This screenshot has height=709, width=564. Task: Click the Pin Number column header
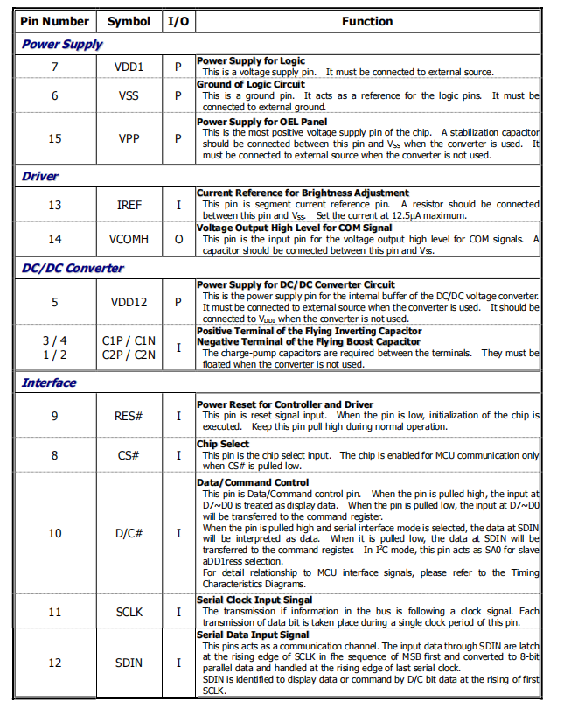coord(54,21)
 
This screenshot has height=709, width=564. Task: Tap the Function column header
coord(367,21)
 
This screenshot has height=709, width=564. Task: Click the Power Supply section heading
coord(62,44)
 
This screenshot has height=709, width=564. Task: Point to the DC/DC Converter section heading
coord(73,268)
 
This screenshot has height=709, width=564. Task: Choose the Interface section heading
coord(49,383)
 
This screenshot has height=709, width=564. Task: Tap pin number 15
coord(55,138)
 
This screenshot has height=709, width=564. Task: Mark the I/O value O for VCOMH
coord(178,239)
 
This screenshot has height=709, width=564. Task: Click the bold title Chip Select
coord(223,445)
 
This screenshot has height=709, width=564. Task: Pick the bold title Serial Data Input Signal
coord(253,635)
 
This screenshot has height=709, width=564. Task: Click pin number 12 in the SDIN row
coord(55,663)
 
